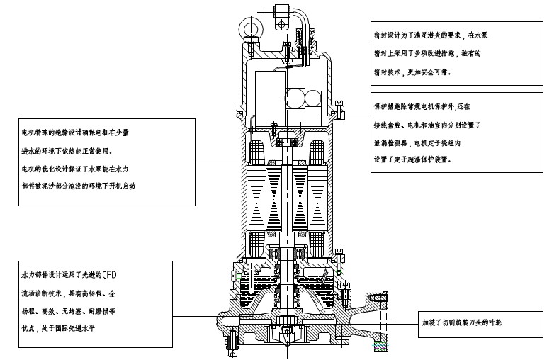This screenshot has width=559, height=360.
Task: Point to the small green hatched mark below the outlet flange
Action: pyautogui.click(x=381, y=346)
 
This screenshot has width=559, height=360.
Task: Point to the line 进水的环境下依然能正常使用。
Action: pyautogui.click(x=67, y=151)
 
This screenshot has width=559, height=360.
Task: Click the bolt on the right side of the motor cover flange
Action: pyautogui.click(x=339, y=111)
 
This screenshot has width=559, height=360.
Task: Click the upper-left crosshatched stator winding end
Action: pyautogui.click(x=256, y=152)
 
